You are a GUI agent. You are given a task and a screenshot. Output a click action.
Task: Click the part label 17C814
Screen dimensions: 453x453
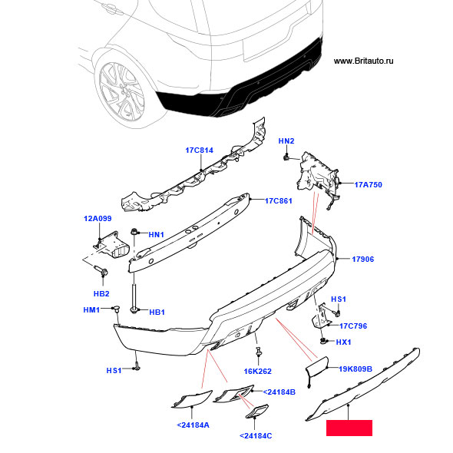click(199, 150)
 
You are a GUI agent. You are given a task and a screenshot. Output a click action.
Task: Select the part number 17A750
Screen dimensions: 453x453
click(368, 184)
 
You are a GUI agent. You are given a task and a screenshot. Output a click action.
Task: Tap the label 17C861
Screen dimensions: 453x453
click(279, 201)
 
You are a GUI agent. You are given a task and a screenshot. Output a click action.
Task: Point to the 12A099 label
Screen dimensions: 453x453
click(98, 218)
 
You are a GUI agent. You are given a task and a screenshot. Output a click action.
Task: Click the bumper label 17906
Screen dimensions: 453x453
click(363, 260)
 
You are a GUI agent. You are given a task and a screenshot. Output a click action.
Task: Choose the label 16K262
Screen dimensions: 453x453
click(258, 372)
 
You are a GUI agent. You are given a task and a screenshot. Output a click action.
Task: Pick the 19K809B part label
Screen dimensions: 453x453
click(355, 369)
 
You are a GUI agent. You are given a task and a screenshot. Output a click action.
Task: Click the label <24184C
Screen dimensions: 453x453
click(256, 435)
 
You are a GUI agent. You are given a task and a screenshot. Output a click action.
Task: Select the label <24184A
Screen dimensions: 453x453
click(193, 425)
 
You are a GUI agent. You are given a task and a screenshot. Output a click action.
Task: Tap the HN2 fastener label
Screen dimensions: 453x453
click(286, 141)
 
